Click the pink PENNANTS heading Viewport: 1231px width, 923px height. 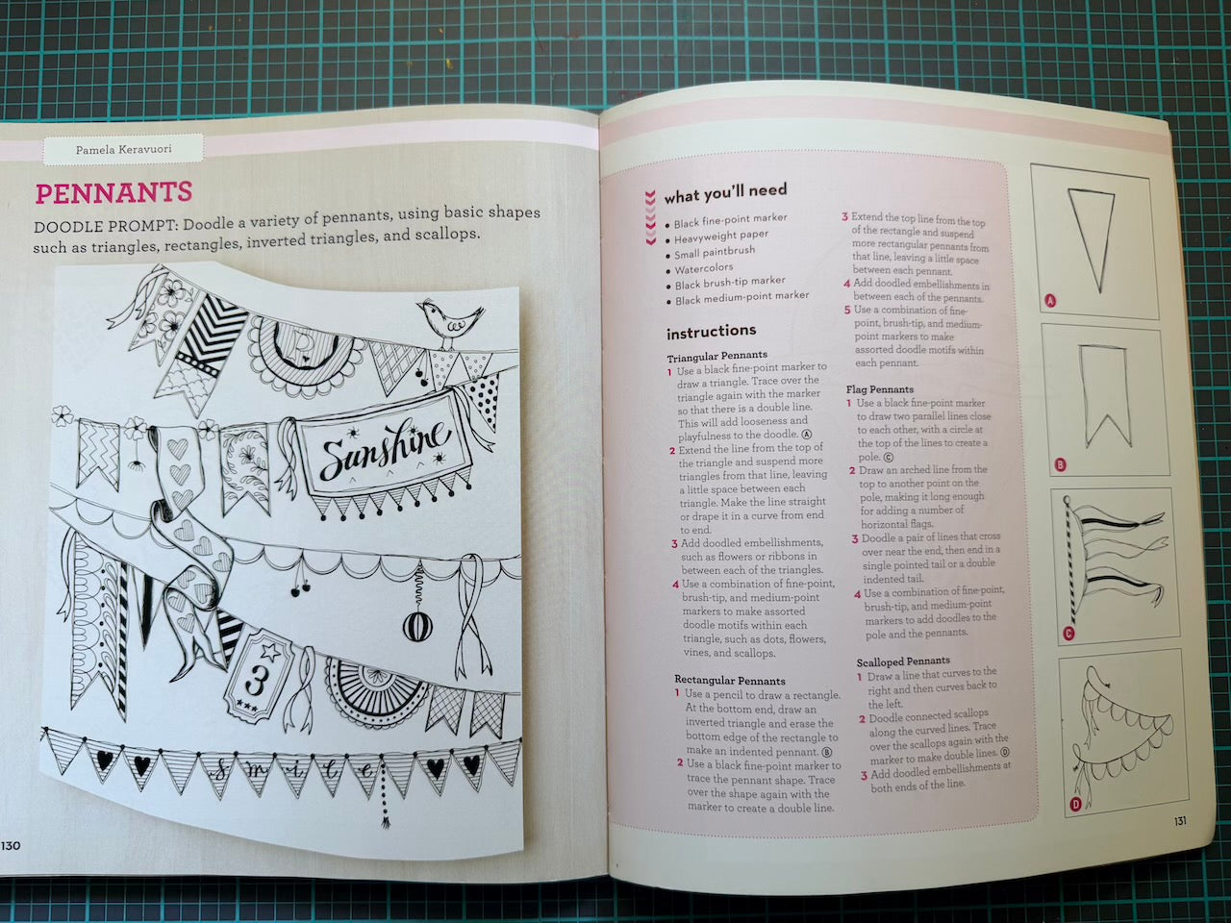(x=113, y=193)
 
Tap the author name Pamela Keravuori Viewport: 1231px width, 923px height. (x=124, y=150)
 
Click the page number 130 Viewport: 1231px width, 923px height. (x=11, y=845)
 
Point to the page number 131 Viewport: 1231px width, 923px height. (x=1180, y=821)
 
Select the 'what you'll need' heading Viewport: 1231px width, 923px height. (x=726, y=193)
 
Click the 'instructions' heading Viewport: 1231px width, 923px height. (x=711, y=332)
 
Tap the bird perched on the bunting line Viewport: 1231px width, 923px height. (x=449, y=323)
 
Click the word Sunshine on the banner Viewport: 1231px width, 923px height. (x=385, y=447)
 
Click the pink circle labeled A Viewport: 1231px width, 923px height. (x=1050, y=301)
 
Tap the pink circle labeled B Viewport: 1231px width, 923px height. (x=1060, y=464)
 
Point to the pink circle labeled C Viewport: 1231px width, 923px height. (x=1068, y=634)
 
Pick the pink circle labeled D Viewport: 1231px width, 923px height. (x=1075, y=805)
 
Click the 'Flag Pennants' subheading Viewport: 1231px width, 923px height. (x=879, y=389)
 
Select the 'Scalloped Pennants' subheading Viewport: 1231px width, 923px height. (x=902, y=661)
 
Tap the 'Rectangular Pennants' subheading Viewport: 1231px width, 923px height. (x=730, y=681)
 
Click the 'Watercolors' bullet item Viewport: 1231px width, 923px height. (x=703, y=268)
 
